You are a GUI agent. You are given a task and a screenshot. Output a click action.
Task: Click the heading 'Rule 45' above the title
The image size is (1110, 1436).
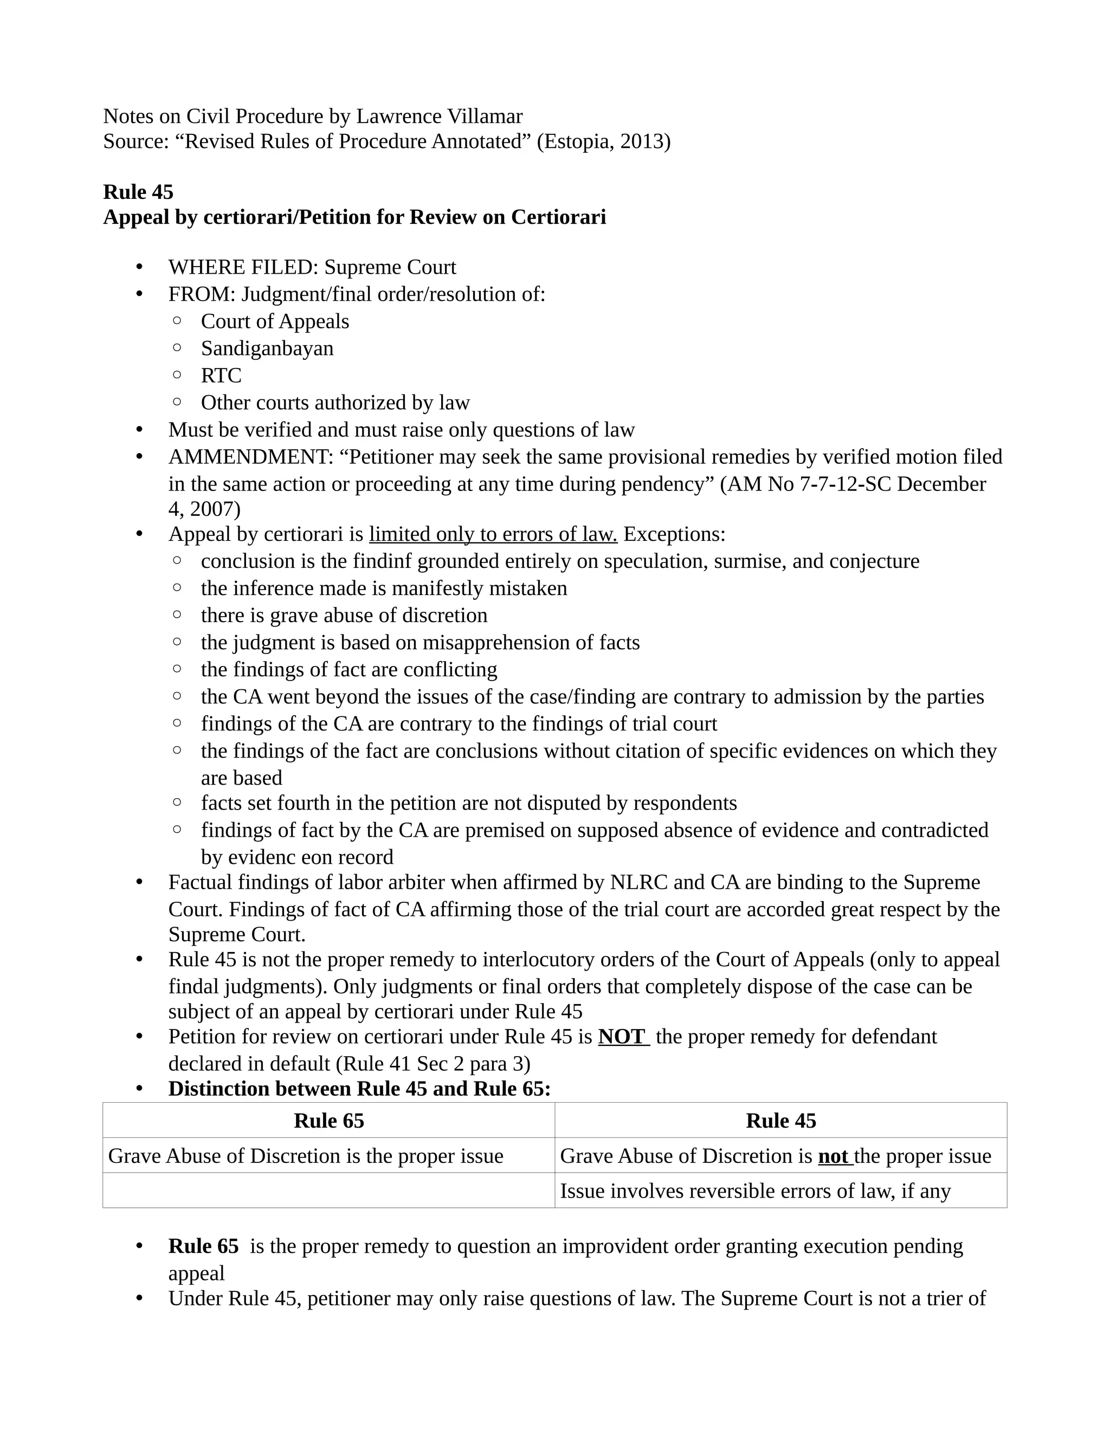(138, 192)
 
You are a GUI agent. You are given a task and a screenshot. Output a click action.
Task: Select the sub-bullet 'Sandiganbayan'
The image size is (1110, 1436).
(267, 348)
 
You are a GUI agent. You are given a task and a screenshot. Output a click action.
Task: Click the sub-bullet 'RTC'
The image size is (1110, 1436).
(221, 376)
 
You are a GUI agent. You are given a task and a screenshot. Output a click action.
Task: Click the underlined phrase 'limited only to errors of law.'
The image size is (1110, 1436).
(493, 534)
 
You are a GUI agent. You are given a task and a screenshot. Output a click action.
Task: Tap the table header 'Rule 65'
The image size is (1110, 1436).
(329, 1121)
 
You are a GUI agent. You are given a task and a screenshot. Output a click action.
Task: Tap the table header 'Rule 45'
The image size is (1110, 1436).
(780, 1121)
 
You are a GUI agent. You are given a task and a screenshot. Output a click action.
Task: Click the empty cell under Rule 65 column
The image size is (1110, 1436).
(329, 1191)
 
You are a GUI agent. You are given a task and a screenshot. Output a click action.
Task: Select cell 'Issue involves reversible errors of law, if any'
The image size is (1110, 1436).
(755, 1191)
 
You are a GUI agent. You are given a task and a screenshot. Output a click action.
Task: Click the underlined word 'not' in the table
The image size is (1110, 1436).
(833, 1156)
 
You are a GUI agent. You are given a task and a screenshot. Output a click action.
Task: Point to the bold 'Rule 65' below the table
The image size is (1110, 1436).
(203, 1246)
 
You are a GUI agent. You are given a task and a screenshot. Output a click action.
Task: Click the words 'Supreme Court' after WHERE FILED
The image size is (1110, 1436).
(390, 267)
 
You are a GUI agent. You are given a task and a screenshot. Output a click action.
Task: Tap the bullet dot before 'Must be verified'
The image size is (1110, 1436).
(139, 430)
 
